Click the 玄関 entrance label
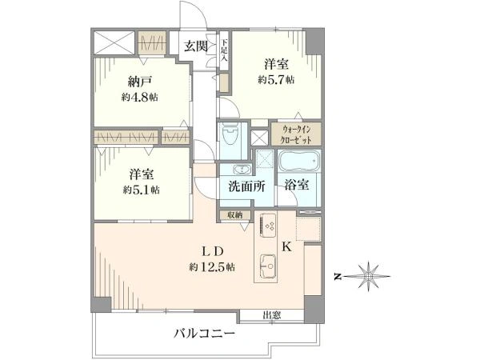click(196, 46)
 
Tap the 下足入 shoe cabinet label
click(225, 50)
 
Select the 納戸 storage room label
click(139, 82)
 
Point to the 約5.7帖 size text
click(276, 80)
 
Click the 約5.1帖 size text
click(141, 190)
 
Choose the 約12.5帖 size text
click(212, 267)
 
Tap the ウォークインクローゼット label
click(296, 134)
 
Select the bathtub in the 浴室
click(298, 161)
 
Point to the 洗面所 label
click(247, 186)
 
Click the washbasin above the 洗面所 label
click(242, 169)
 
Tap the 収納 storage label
click(235, 215)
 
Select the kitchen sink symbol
click(268, 266)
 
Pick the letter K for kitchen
click(286, 246)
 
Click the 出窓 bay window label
click(272, 314)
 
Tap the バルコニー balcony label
click(205, 334)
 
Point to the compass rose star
click(368, 277)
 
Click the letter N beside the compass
click(338, 277)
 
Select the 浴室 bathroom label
click(296, 185)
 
